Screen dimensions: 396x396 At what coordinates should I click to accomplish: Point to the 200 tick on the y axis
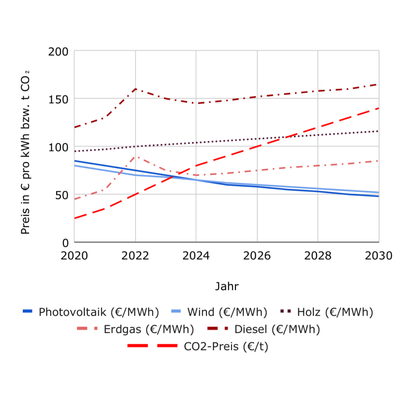(58, 51)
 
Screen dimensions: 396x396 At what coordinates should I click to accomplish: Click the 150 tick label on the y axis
(58, 99)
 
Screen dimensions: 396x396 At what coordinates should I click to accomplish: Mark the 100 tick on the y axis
(58, 147)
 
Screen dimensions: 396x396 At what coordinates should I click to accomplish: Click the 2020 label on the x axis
(75, 256)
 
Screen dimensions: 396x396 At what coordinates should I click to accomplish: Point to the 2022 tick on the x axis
(135, 256)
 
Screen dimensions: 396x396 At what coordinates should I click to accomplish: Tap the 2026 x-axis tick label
(257, 256)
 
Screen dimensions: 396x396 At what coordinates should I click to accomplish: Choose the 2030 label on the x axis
(379, 256)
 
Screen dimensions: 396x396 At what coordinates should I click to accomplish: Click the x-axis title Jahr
(227, 287)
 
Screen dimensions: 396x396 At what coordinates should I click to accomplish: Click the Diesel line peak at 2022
(135, 89)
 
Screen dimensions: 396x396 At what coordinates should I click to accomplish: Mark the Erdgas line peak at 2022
(135, 156)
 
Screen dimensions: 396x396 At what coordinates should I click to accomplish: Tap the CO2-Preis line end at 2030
(379, 108)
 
